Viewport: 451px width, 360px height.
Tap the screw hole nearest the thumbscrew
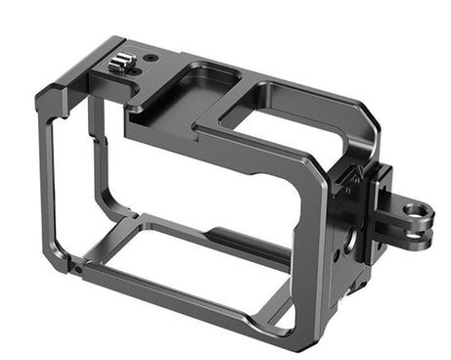click(x=150, y=58)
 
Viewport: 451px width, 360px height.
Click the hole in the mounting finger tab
click(x=417, y=210)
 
